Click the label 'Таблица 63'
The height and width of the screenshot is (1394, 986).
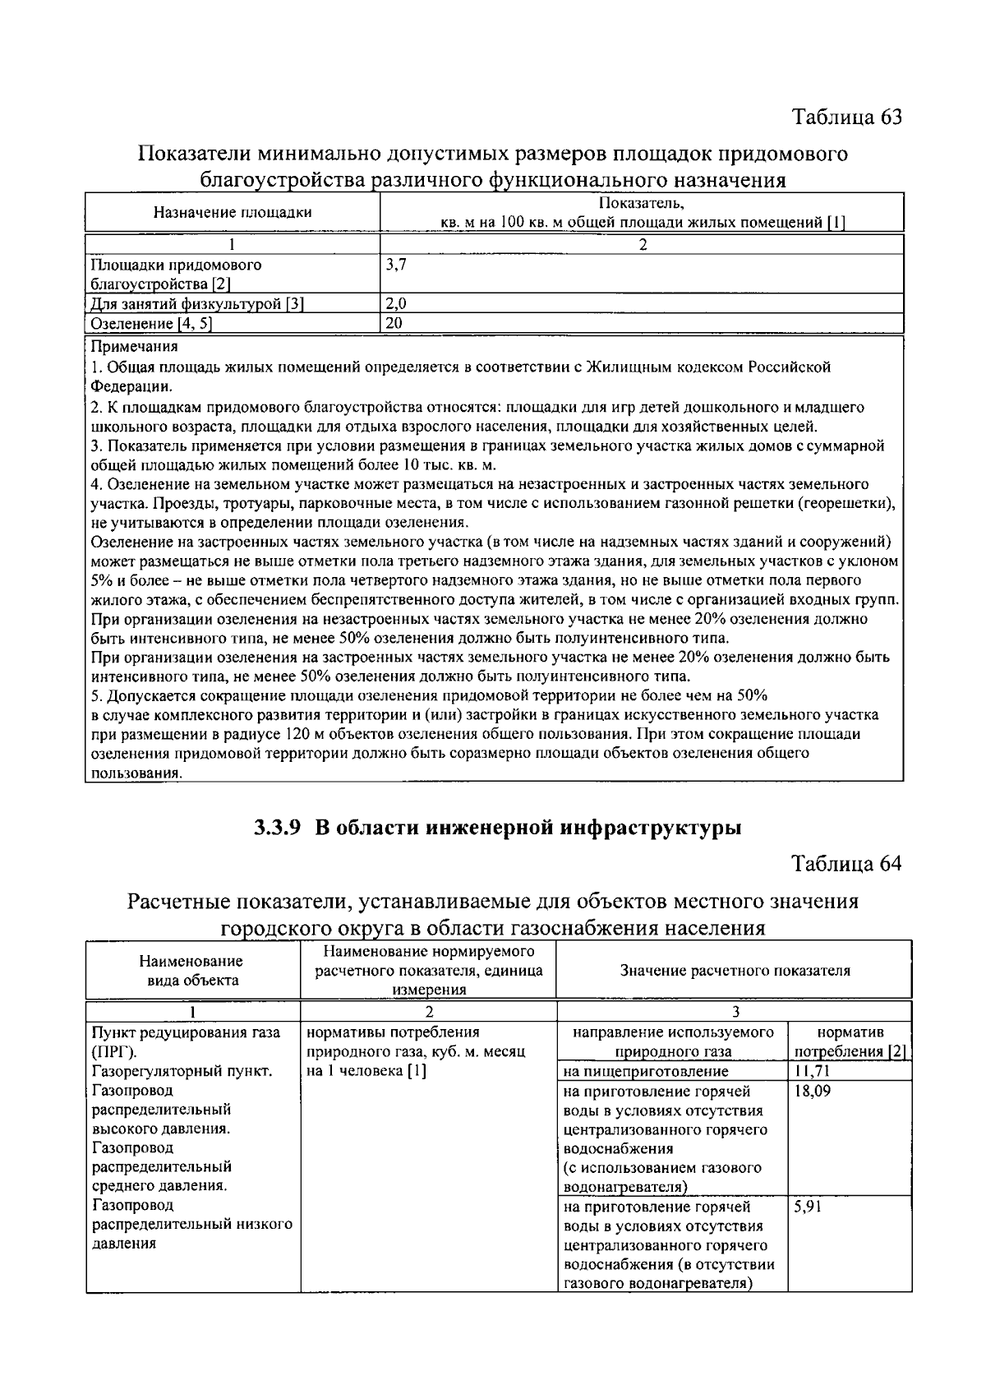tap(846, 117)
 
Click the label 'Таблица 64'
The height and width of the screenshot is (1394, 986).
tap(846, 864)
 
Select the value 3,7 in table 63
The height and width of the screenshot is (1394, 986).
tap(395, 265)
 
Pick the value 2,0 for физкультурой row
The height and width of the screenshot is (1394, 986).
tap(396, 303)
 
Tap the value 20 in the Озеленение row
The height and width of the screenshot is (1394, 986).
tap(394, 323)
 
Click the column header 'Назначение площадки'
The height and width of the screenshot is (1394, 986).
tap(233, 212)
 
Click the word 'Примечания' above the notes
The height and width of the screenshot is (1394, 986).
tap(134, 347)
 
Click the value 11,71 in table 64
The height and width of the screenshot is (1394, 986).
tap(813, 1072)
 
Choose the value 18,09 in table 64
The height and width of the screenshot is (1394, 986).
tap(813, 1092)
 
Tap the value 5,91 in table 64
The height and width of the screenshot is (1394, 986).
tap(809, 1207)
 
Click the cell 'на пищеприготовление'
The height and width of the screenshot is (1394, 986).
tap(646, 1072)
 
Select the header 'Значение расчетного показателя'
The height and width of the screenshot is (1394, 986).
tap(734, 970)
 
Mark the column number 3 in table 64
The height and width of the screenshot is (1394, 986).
tap(735, 1011)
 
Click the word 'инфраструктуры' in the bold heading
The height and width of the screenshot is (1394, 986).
tap(651, 828)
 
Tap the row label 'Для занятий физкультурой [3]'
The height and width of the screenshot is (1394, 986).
tap(197, 303)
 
